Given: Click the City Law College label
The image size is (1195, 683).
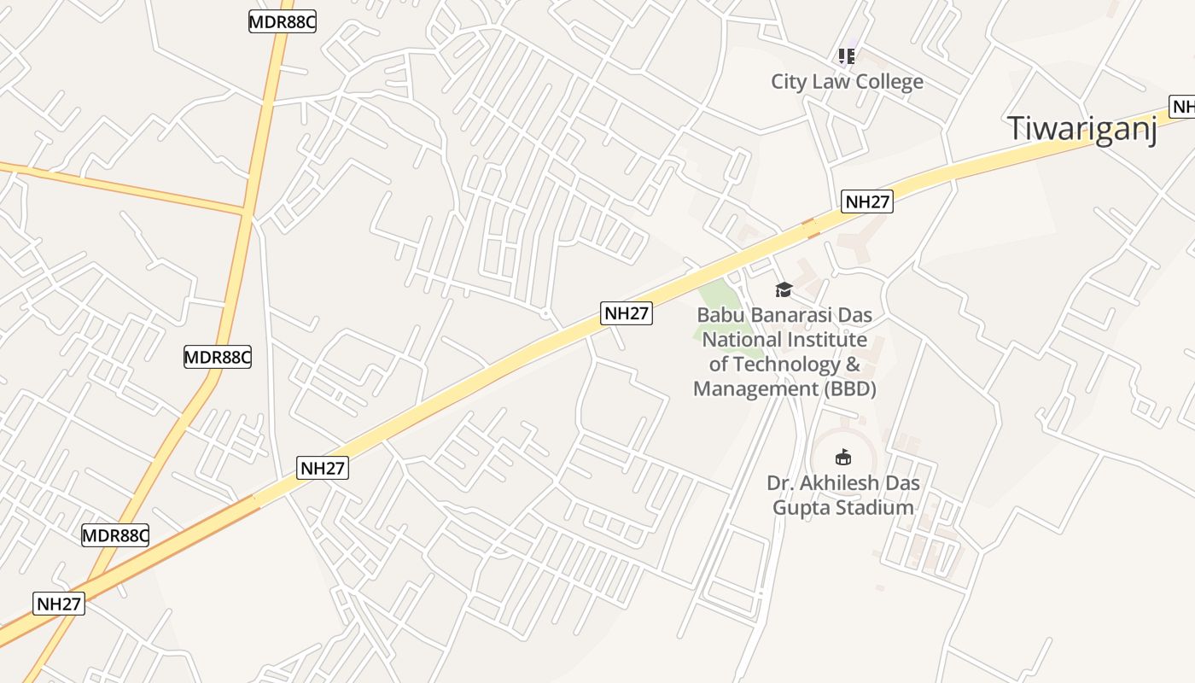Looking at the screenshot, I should (847, 82).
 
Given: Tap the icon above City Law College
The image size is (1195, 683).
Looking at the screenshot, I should (846, 56).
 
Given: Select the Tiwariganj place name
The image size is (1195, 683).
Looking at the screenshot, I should (1082, 128).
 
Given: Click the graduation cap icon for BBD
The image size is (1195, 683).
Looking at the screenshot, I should (784, 290).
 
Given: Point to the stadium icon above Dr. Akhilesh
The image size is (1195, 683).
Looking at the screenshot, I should (843, 458).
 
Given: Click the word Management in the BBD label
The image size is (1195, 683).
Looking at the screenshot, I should (755, 389).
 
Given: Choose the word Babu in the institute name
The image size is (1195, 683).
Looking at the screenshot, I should (720, 315).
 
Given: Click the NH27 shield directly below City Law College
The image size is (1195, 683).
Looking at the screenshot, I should (867, 202).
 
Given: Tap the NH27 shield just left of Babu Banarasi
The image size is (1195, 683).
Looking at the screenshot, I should (627, 313).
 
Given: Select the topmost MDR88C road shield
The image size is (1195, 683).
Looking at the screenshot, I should (283, 22).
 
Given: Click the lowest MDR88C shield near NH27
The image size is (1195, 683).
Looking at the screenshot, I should (115, 536).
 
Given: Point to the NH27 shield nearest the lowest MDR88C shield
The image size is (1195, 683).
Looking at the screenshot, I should (60, 604).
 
